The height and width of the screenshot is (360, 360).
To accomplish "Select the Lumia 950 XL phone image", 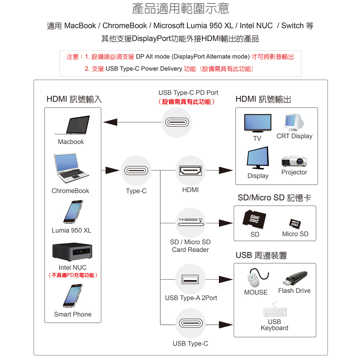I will coord(73,212).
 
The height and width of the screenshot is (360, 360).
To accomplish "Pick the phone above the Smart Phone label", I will coord(73,296).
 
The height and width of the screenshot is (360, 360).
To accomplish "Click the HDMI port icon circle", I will coord(190,170).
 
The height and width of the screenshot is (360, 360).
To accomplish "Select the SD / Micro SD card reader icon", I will coord(190,222).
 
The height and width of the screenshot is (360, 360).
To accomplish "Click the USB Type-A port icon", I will coord(190,279).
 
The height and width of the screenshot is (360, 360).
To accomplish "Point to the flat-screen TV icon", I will coord(257,124).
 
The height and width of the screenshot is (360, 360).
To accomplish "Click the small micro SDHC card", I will coord(295,224).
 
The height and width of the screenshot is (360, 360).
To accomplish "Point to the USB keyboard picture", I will coord(275,312).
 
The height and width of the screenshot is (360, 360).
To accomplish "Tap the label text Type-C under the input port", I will coord(136,191).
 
